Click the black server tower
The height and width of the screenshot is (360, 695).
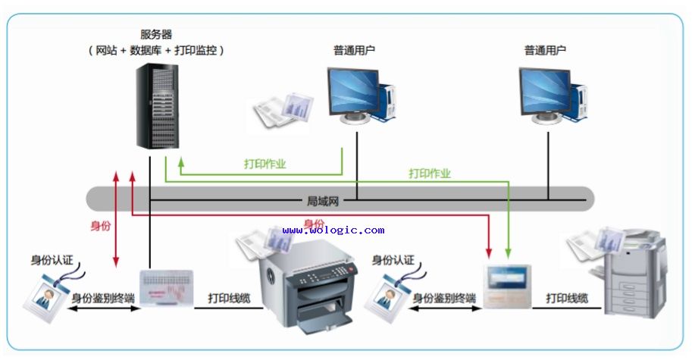pyautogui.click(x=158, y=106)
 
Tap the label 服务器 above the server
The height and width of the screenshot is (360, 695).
pyautogui.click(x=156, y=34)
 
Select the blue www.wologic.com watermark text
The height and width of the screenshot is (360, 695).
pyautogui.click(x=333, y=230)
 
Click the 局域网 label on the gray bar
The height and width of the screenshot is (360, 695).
pyautogui.click(x=323, y=202)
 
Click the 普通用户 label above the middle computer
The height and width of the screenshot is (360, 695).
pyautogui.click(x=354, y=50)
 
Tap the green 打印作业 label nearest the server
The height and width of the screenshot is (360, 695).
pyautogui.click(x=265, y=164)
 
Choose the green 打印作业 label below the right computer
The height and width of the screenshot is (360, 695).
pyautogui.click(x=430, y=174)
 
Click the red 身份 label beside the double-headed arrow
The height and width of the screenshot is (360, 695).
pyautogui.click(x=101, y=226)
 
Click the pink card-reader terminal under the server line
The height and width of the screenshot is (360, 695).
pyautogui.click(x=167, y=288)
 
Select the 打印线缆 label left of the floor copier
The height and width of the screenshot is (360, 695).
pyautogui.click(x=568, y=298)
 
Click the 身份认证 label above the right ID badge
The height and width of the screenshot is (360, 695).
pyautogui.click(x=393, y=260)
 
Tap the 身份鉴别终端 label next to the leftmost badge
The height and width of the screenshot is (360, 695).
pyautogui.click(x=103, y=299)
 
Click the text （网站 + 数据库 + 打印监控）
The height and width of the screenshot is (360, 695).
pyautogui.click(x=156, y=51)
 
